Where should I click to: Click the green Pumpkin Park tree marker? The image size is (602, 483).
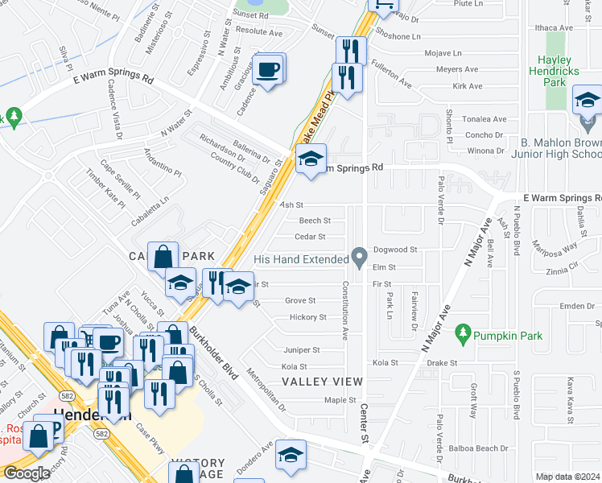click(x=462, y=332)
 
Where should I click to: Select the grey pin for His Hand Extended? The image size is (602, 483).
click(x=360, y=258)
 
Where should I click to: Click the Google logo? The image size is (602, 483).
click(x=27, y=473)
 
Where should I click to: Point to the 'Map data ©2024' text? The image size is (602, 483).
click(x=567, y=477)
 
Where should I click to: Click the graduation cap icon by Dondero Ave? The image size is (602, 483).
click(x=290, y=456)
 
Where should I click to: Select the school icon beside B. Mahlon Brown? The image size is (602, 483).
click(x=587, y=101)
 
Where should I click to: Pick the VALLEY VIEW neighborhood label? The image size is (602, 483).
click(x=322, y=381)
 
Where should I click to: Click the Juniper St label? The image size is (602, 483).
click(x=302, y=350)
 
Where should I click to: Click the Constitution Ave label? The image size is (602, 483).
click(x=346, y=311)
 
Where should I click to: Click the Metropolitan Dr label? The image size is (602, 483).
click(x=266, y=389)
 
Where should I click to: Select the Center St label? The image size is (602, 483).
click(x=364, y=423)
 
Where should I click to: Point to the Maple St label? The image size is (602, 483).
click(x=340, y=400)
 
